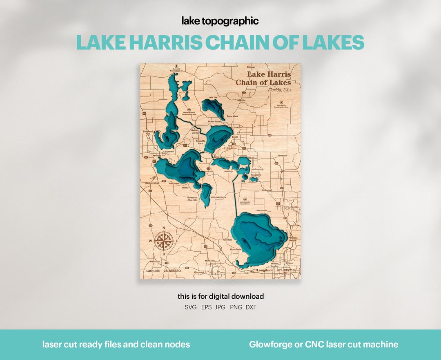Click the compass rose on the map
click(x=163, y=241)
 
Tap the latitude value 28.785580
click(x=172, y=271)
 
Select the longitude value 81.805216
click(x=286, y=271)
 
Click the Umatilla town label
click(x=241, y=100)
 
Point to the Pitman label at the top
click(x=251, y=67)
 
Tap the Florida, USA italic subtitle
click(x=279, y=89)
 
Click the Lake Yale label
click(x=213, y=97)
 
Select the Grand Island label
click(x=214, y=121)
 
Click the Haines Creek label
click(x=195, y=132)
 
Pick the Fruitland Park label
click(x=148, y=132)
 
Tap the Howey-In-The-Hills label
click(x=192, y=199)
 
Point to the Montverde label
click(x=236, y=249)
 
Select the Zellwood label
click(x=267, y=190)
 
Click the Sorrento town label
click(x=282, y=156)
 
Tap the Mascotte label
click(x=154, y=261)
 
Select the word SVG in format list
click(x=191, y=307)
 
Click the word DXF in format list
click(x=251, y=307)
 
